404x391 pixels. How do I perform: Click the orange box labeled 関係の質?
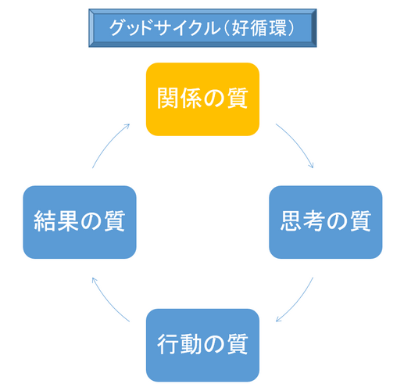pyautogui.click(x=202, y=99)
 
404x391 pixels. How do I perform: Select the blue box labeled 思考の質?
pyautogui.click(x=326, y=222)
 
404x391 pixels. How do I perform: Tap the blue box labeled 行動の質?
pyautogui.click(x=202, y=345)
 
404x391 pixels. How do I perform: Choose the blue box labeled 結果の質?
pyautogui.click(x=80, y=222)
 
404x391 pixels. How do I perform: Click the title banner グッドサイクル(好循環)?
pyautogui.click(x=202, y=28)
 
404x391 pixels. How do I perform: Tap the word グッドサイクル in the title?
pyautogui.click(x=165, y=28)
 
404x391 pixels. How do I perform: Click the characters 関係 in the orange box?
pyautogui.click(x=179, y=99)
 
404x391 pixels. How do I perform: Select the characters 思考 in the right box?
pyautogui.click(x=302, y=221)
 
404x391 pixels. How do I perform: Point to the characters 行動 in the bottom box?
pyautogui.click(x=179, y=344)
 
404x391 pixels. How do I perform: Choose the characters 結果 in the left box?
pyautogui.click(x=55, y=221)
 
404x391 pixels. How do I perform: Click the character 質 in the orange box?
pyautogui.click(x=238, y=99)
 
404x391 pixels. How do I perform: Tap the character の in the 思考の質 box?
pyautogui.click(x=337, y=222)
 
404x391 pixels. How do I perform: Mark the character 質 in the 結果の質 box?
pyautogui.click(x=114, y=221)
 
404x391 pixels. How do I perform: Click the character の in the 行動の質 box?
pyautogui.click(x=214, y=345)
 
